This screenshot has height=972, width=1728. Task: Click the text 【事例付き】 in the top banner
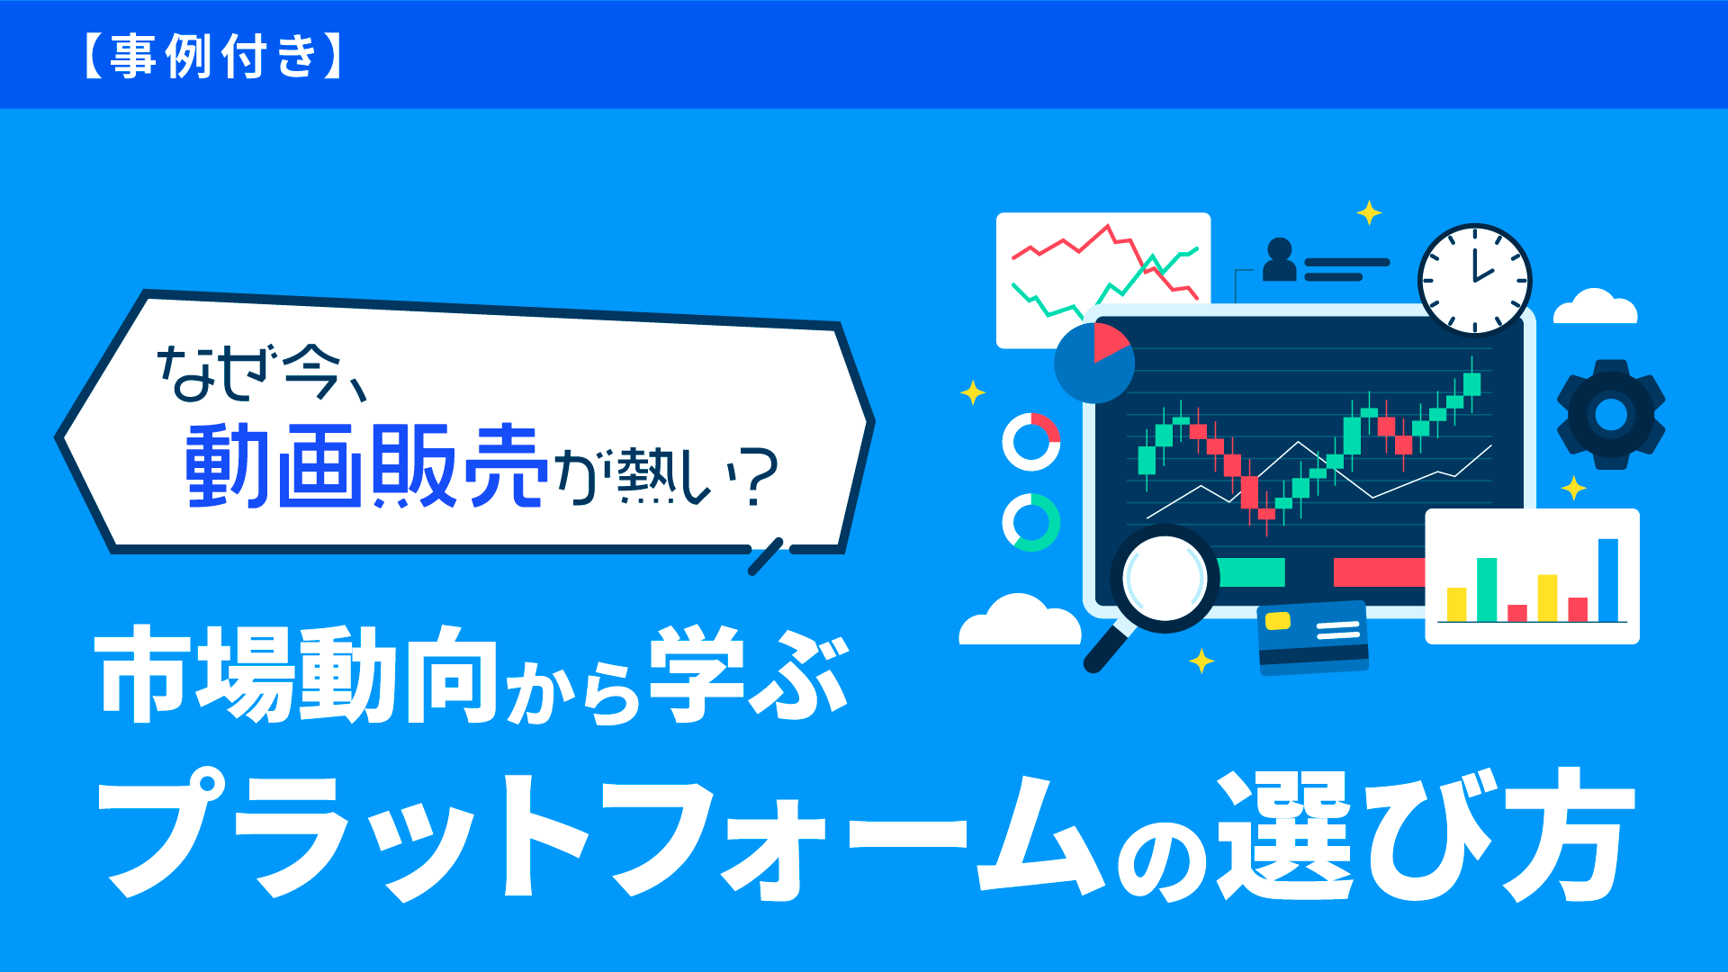coord(213,57)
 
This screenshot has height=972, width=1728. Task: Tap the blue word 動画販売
coord(366,465)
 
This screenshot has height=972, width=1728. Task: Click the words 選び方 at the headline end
coord(1426,834)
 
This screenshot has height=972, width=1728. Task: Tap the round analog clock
coord(1474,279)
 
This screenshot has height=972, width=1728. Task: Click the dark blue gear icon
coord(1611,415)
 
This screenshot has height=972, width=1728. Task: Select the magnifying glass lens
coord(1164,577)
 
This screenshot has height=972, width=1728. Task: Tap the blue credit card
coord(1313,637)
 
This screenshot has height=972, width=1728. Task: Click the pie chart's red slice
coord(1111,343)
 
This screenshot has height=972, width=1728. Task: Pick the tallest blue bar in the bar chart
coord(1607,580)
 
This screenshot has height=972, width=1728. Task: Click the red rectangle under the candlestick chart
coord(1379,572)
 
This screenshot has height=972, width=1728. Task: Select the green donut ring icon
coord(1031,522)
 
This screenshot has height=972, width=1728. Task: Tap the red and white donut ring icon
coord(1031,442)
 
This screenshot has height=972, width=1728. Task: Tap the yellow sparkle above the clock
coord(1369,213)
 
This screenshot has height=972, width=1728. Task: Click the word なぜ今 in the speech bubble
coord(250,373)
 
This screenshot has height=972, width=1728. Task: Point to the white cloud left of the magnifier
coord(1020,619)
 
